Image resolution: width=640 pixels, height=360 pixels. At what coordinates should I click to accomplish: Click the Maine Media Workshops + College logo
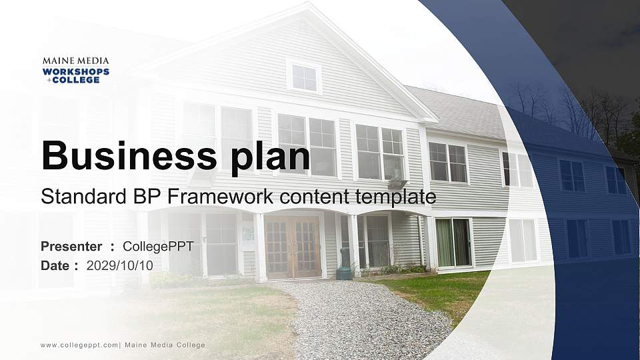(x=75, y=70)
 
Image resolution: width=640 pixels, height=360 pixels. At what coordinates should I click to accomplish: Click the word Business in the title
(x=125, y=155)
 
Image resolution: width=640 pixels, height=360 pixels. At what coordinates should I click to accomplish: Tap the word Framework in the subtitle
(x=227, y=197)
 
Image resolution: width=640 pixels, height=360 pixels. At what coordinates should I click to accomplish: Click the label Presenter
(x=71, y=247)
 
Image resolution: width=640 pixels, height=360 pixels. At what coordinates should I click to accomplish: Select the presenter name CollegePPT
(x=158, y=247)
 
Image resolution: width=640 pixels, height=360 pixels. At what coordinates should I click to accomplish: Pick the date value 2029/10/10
(x=120, y=265)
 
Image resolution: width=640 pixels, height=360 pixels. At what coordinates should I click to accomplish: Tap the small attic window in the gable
(x=304, y=77)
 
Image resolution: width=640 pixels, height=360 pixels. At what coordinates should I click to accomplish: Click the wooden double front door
(x=293, y=247)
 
